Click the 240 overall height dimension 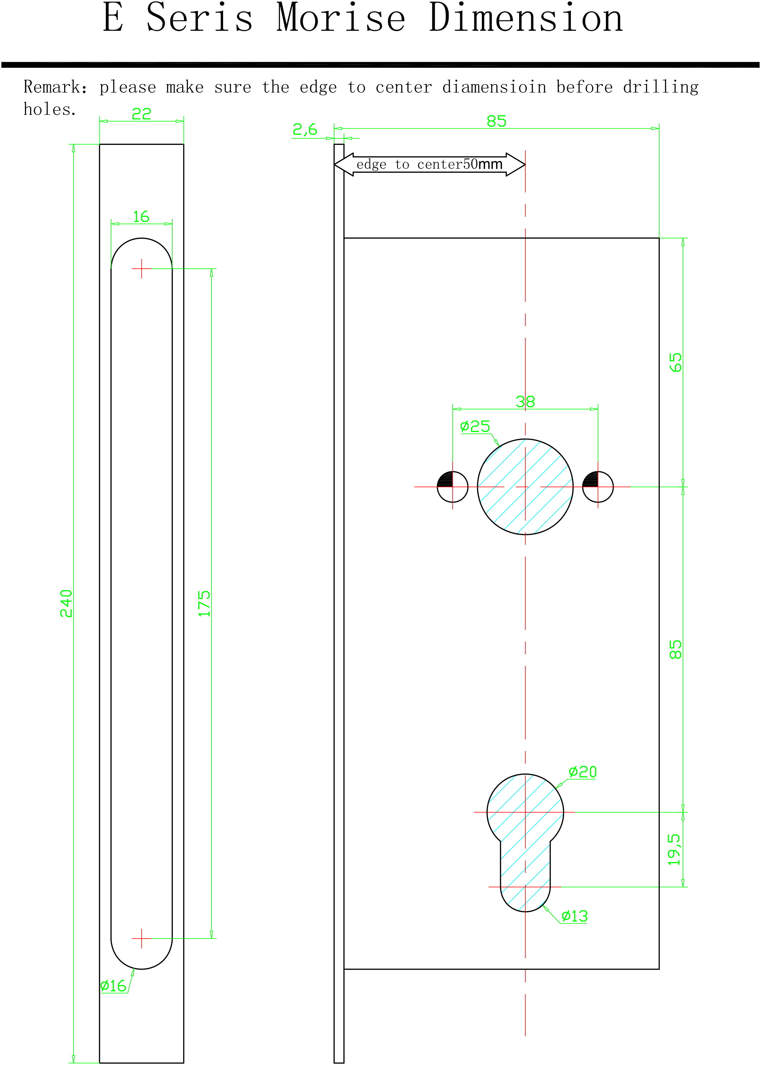click(66, 603)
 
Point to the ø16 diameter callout click(113, 985)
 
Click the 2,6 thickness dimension click(305, 129)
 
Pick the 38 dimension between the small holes click(525, 402)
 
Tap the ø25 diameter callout click(475, 426)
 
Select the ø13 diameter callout click(574, 916)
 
